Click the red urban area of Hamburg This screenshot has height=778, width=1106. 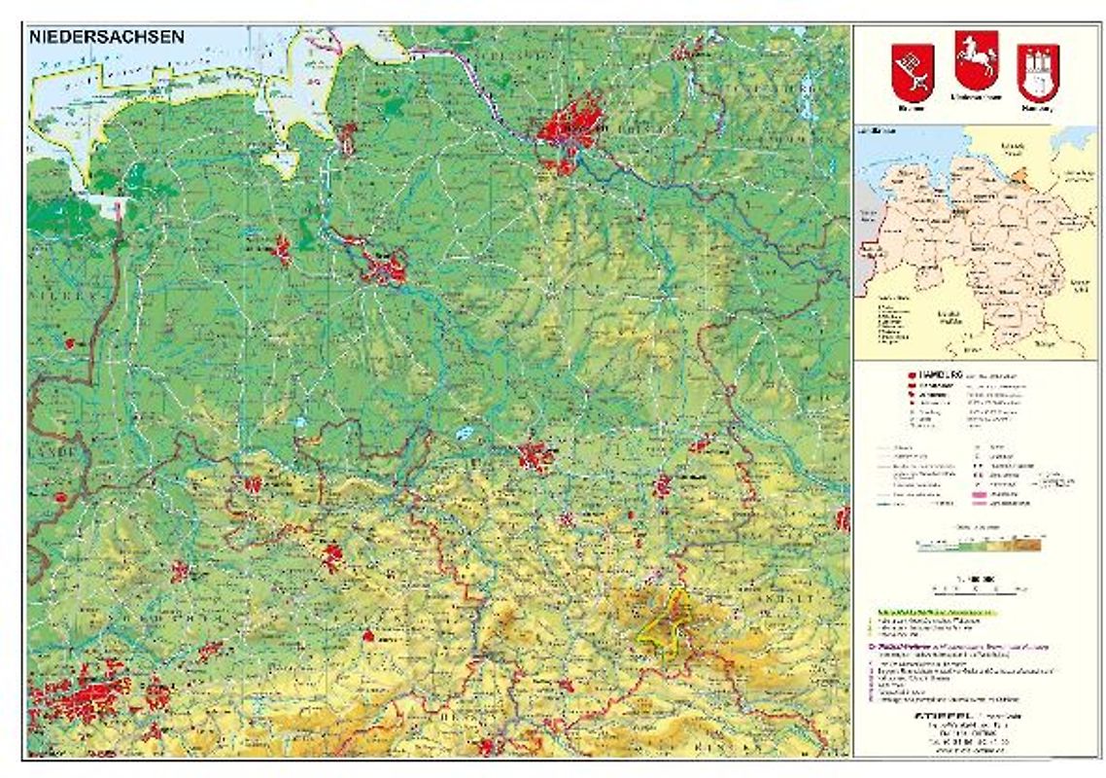(x=570, y=127)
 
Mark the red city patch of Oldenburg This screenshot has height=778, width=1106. (x=282, y=250)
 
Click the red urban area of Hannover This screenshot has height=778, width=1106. (x=535, y=455)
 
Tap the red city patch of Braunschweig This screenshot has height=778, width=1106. (x=662, y=484)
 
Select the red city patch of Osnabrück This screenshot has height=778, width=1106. (x=253, y=483)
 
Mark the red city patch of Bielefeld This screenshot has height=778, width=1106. (x=332, y=557)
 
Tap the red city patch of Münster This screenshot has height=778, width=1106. (x=180, y=571)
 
